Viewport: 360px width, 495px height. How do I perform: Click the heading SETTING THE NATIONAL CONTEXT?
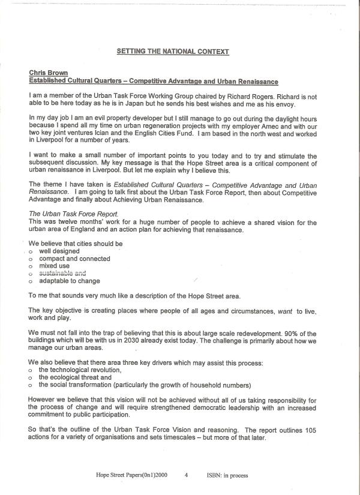coord(173,52)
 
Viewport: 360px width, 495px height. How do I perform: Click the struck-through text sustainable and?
coord(62,273)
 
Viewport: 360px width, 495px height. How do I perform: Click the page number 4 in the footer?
coord(187,475)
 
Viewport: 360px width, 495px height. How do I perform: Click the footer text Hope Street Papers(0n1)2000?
coord(131,475)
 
